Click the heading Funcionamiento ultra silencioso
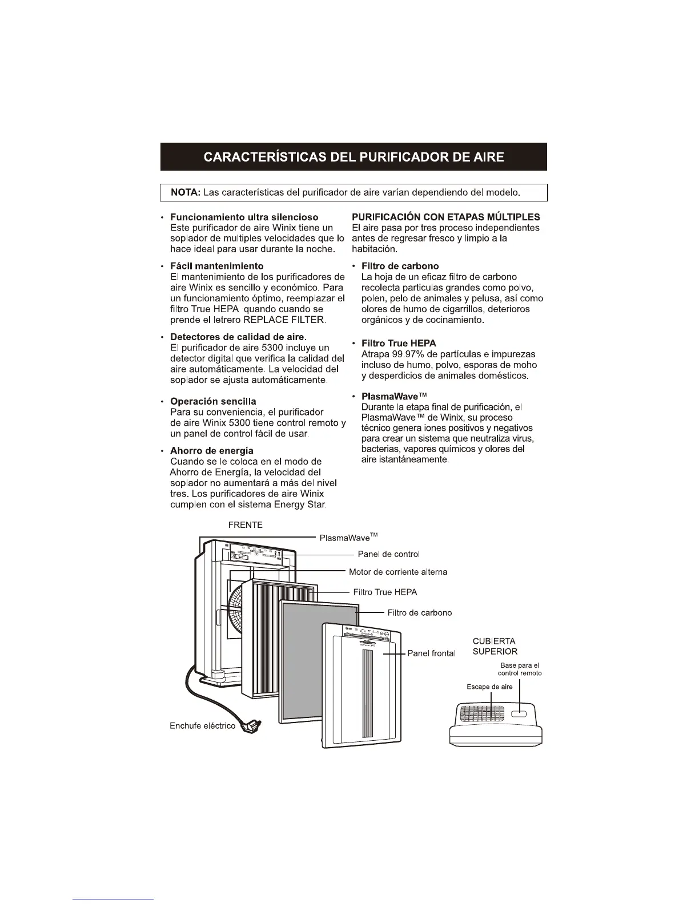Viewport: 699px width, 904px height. click(x=244, y=217)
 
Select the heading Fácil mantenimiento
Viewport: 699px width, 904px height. click(x=216, y=266)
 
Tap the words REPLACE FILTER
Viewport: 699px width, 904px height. click(x=284, y=320)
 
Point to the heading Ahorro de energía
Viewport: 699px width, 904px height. click(x=212, y=451)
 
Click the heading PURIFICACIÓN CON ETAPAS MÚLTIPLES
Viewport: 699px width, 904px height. click(x=445, y=217)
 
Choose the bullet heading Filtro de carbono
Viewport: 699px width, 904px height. click(x=400, y=266)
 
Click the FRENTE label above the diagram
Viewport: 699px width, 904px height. click(x=245, y=525)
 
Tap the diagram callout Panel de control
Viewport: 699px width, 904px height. click(x=388, y=554)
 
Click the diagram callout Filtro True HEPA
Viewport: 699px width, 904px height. click(x=385, y=592)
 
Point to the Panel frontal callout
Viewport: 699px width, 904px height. click(x=431, y=653)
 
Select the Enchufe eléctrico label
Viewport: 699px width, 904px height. click(x=202, y=726)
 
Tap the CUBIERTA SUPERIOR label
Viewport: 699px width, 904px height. click(x=495, y=646)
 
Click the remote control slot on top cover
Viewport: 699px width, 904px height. click(x=519, y=714)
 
